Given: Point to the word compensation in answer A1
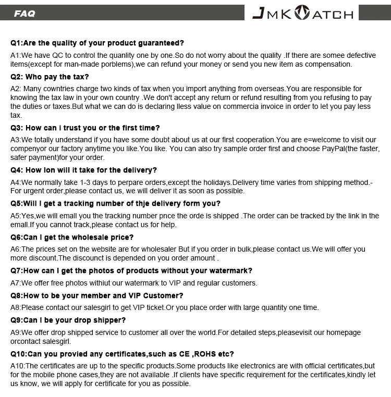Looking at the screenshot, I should click(x=327, y=64).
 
